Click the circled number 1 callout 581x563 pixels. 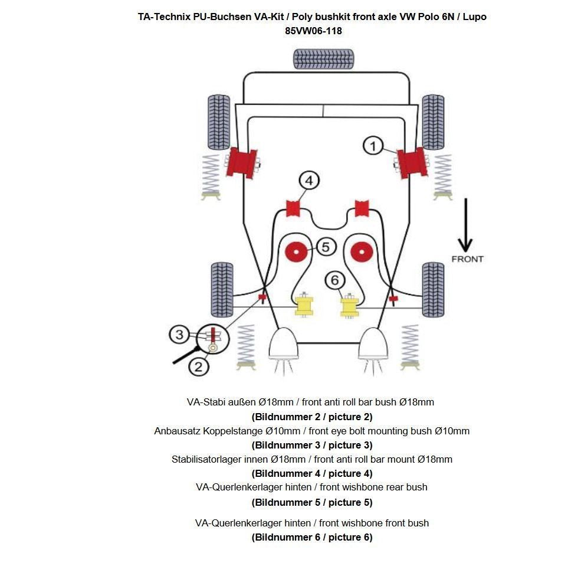click(x=373, y=145)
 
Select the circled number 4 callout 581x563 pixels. click(x=308, y=181)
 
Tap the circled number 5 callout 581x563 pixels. click(x=326, y=246)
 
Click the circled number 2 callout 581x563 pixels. click(x=198, y=366)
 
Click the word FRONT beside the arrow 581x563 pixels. click(x=467, y=259)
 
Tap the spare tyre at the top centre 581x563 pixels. click(x=323, y=59)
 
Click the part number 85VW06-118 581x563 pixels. click(x=313, y=31)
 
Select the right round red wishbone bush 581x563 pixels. click(x=361, y=252)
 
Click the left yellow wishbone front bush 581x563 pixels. click(x=304, y=306)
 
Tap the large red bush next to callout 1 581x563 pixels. click(x=411, y=163)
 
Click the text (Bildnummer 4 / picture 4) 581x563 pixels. click(x=312, y=473)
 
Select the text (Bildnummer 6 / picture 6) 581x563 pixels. click(x=312, y=537)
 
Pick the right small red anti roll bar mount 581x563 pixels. click(x=361, y=208)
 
